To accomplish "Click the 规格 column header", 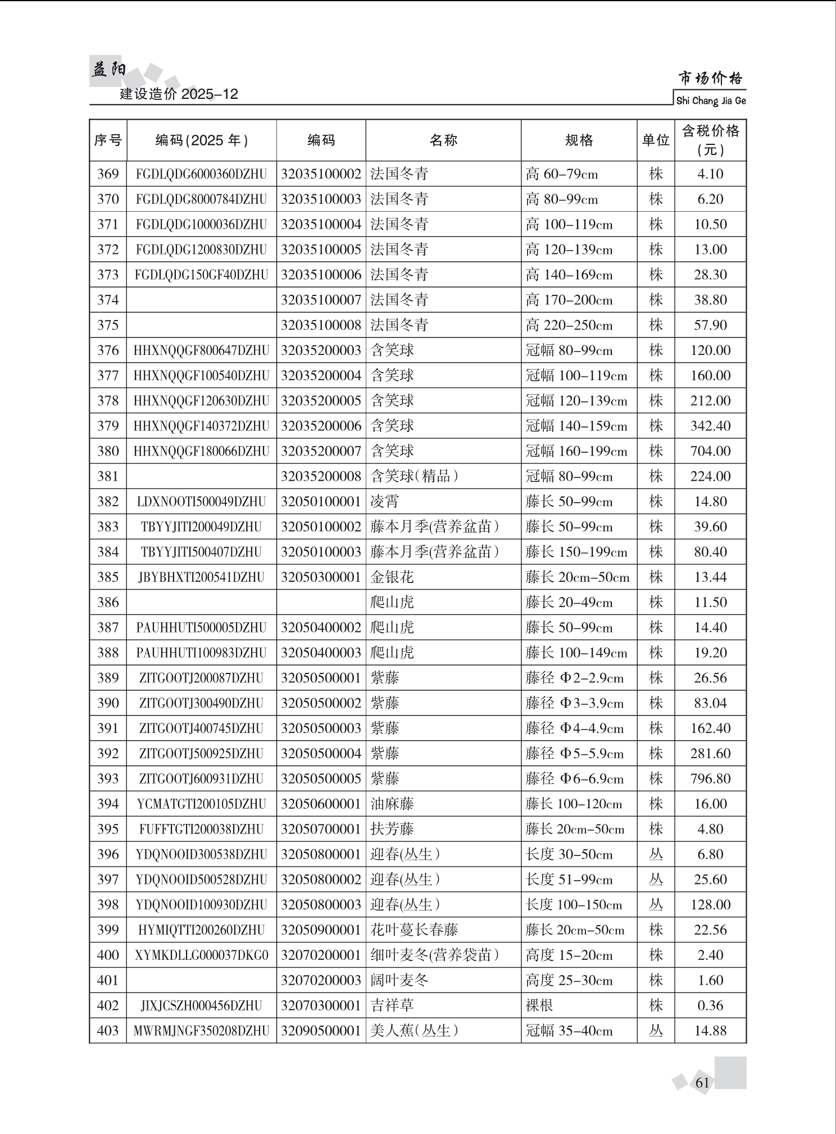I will pos(579,140).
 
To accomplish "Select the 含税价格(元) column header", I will pos(710,140).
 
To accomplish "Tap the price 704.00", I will pos(710,451).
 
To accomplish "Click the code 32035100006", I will pos(321,275).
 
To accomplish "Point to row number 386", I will pos(108,602).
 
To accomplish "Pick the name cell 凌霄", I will pos(385,502).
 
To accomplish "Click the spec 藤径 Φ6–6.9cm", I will pos(575,778).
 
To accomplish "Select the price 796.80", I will pos(710,778).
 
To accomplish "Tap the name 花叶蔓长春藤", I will pos(415,930).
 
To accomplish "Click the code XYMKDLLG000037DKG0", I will pos(202,955).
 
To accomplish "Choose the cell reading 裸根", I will pos(539,1005).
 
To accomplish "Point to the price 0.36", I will pos(710,1005).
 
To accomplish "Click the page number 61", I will pos(702,1082).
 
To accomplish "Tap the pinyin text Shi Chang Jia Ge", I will pos(711,101).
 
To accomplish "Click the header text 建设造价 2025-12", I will pos(179,94).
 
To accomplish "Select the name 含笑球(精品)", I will pos(415,476).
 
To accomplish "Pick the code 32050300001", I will pos(321,577).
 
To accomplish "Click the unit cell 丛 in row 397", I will pos(656,879).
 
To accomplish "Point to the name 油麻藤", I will pos(392,804).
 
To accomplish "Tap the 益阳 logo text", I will pos(108,70).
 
